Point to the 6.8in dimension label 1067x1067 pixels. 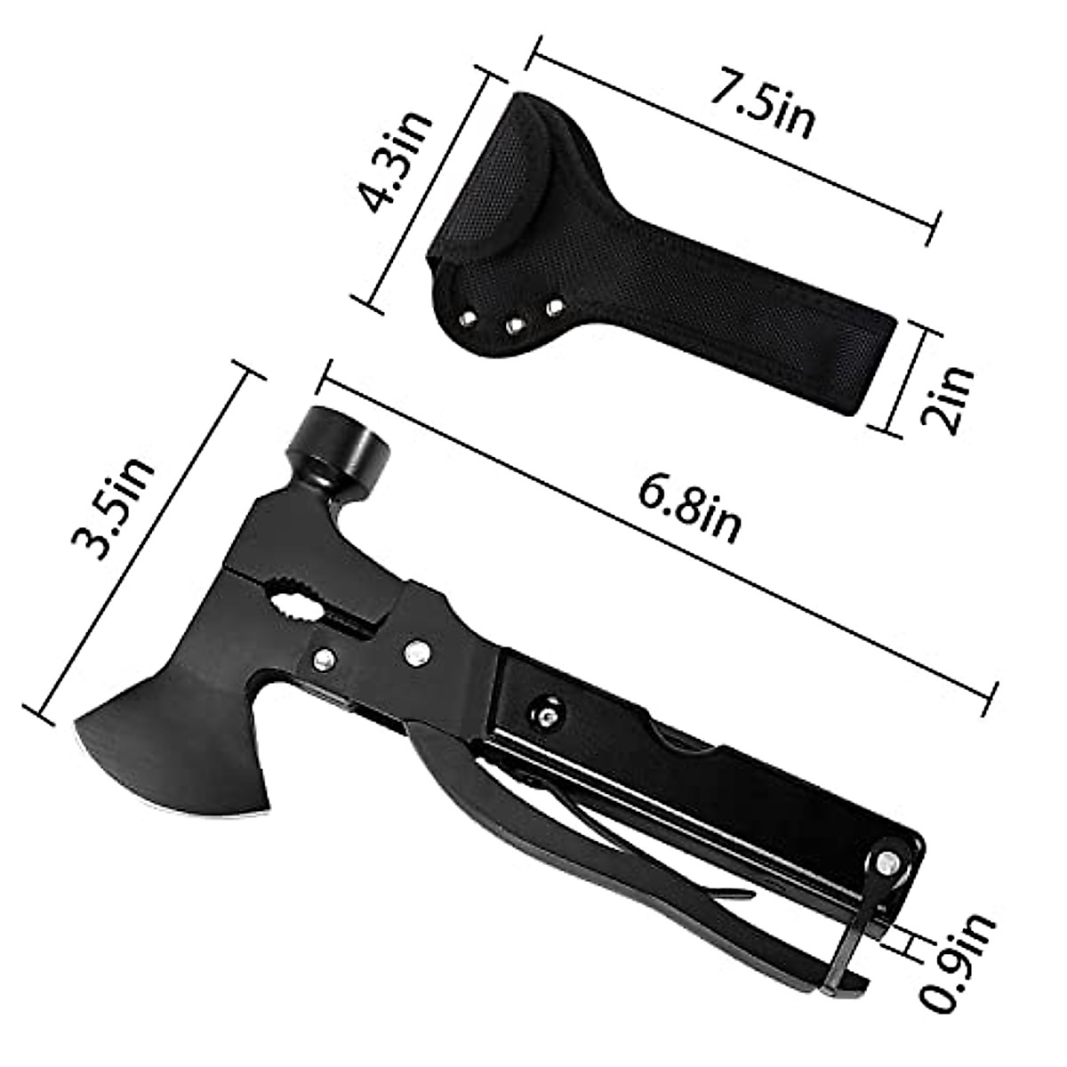690,512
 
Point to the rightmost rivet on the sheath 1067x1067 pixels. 556,308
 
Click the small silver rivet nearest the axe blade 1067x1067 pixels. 325,659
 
